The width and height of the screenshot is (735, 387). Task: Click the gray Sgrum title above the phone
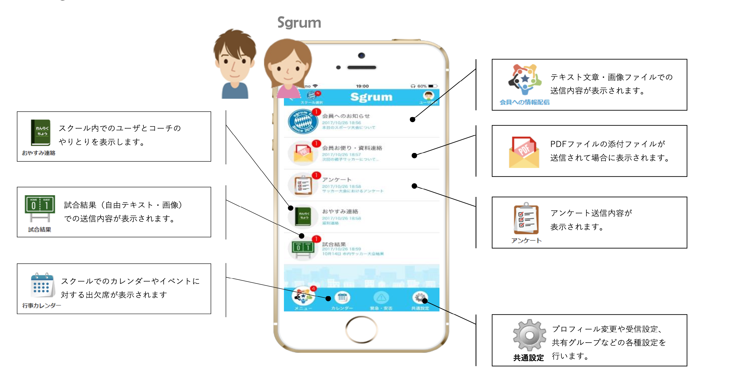(299, 23)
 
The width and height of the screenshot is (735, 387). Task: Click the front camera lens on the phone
(361, 55)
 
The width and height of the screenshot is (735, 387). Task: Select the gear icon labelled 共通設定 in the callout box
(529, 335)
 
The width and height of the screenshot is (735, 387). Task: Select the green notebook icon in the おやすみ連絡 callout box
(40, 132)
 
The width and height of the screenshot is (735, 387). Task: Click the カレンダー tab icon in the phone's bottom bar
(342, 298)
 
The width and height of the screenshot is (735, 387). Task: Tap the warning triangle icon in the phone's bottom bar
(381, 298)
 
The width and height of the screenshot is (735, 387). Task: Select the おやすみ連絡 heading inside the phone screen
(340, 211)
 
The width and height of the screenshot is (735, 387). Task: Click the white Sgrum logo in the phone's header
(371, 97)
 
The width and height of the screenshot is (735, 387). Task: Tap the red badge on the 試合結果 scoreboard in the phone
(316, 239)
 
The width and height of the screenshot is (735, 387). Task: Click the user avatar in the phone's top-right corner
(428, 96)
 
